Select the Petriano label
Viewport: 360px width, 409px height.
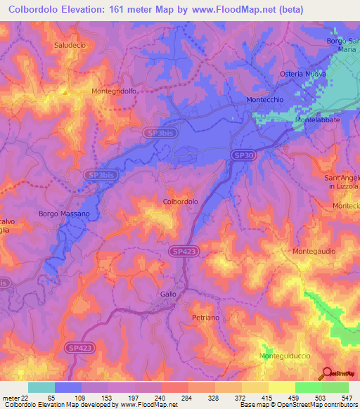coord(207,318)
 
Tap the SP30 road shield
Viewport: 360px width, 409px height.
coord(242,155)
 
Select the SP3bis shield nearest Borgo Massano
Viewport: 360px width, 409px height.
coord(98,175)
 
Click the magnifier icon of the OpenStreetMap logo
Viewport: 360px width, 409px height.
coord(327,373)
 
